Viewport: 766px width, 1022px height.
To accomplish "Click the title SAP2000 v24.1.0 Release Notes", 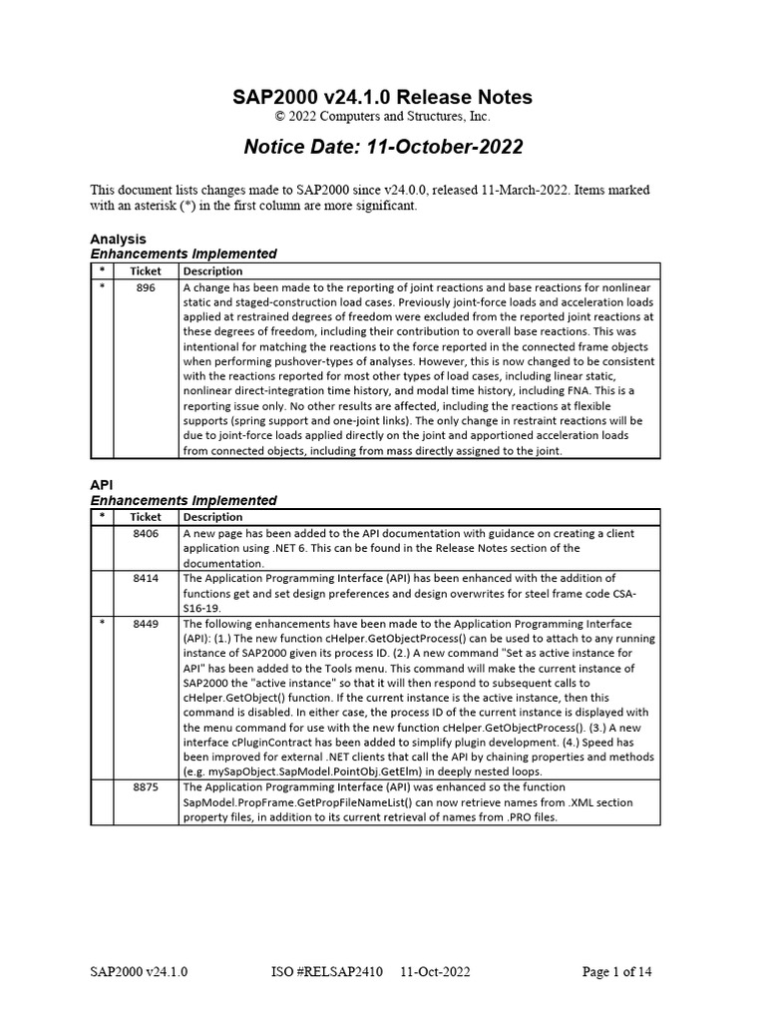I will point(382,97).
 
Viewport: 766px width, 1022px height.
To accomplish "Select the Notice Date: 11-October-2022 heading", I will point(384,148).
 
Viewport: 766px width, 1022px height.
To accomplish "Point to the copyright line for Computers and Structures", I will point(384,118).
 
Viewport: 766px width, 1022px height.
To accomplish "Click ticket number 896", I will point(146,287).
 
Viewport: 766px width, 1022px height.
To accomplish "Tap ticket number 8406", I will point(146,534).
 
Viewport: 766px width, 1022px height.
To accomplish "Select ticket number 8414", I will point(146,578).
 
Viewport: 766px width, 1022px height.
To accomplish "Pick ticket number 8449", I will point(146,623).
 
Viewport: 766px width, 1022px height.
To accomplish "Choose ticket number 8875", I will point(146,786).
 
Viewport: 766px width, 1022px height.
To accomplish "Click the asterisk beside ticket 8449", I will point(102,623).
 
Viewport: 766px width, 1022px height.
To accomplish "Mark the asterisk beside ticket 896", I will point(102,287).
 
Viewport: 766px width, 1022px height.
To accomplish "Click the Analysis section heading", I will point(118,240).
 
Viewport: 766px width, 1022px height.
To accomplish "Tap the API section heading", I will point(103,485).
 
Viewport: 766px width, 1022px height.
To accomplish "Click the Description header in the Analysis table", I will point(212,271).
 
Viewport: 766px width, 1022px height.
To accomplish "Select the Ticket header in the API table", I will point(146,517).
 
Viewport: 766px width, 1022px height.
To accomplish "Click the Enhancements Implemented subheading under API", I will point(184,500).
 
